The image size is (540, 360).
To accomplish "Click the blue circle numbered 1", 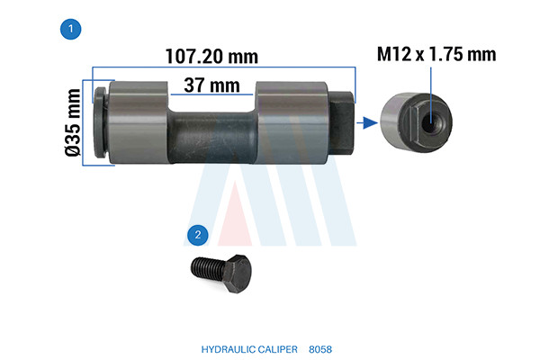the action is (x=70, y=29).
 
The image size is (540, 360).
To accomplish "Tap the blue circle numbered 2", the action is (x=198, y=235).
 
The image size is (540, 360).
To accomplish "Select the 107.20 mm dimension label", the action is (x=211, y=56).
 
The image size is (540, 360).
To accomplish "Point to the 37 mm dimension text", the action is (x=211, y=85).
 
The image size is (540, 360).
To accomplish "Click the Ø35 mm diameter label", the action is (x=74, y=122).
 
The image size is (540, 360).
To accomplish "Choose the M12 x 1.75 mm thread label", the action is (x=436, y=54).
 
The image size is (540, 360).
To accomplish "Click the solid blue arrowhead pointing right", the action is (x=371, y=122).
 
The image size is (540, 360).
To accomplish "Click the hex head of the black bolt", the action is (x=238, y=274).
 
